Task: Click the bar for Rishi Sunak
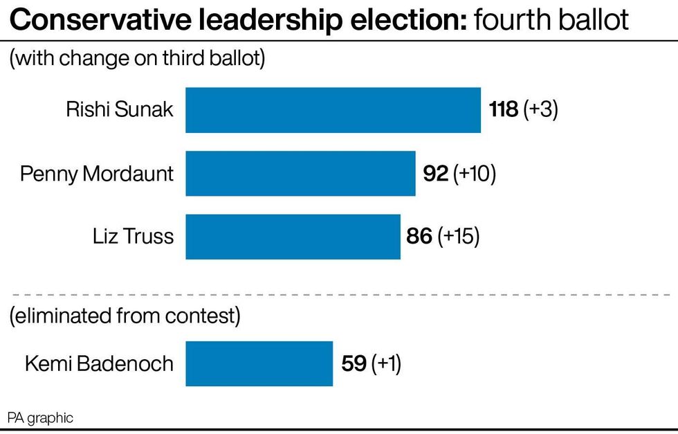(333, 109)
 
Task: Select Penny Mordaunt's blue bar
(300, 173)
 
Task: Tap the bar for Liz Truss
(293, 237)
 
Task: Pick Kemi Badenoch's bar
(259, 363)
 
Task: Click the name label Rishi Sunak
(120, 109)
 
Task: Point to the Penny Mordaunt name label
(97, 173)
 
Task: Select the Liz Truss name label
(133, 237)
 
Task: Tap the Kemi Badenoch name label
(99, 363)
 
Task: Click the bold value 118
(504, 109)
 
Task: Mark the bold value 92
(436, 173)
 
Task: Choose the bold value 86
(419, 237)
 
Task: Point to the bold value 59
(354, 363)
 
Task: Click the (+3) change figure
(540, 109)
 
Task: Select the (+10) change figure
(475, 173)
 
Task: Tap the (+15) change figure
(458, 237)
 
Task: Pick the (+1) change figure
(386, 363)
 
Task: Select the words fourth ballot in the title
(551, 21)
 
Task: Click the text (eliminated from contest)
(125, 317)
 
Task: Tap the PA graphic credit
(40, 418)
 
